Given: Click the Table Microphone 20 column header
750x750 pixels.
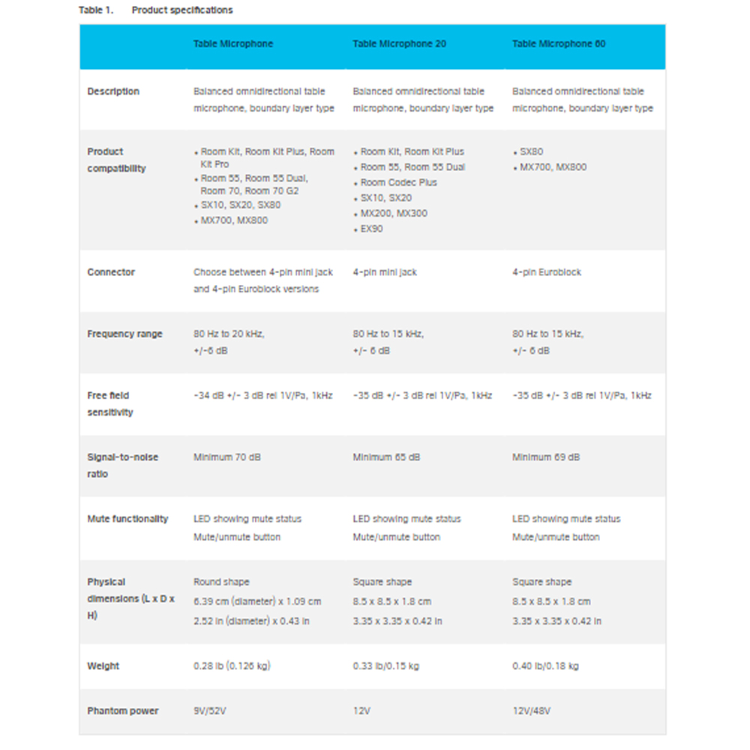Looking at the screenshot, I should [x=399, y=44].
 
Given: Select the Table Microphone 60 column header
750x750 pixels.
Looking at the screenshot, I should [x=559, y=44].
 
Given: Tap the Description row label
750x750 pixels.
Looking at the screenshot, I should [x=113, y=91].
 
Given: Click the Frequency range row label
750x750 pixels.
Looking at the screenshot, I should [x=124, y=334].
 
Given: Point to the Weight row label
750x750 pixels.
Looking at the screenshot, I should [x=103, y=666].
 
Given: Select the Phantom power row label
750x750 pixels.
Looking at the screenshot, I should [x=123, y=711].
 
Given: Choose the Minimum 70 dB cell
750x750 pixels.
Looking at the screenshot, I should [x=227, y=457].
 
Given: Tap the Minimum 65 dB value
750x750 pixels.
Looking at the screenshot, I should [x=386, y=457].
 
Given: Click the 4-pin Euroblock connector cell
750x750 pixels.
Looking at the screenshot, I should [x=547, y=272].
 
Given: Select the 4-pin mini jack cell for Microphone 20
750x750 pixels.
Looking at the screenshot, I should [x=385, y=272].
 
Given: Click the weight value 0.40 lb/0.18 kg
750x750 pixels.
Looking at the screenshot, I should [x=545, y=666].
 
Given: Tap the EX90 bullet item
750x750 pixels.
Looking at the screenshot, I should [x=371, y=229].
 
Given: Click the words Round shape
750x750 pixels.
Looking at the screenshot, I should [x=221, y=582].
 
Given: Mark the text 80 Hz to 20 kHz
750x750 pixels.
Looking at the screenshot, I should [x=229, y=334].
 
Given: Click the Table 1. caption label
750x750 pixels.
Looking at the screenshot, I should [x=95, y=10].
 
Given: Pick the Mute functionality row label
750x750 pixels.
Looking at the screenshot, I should [x=127, y=519].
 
